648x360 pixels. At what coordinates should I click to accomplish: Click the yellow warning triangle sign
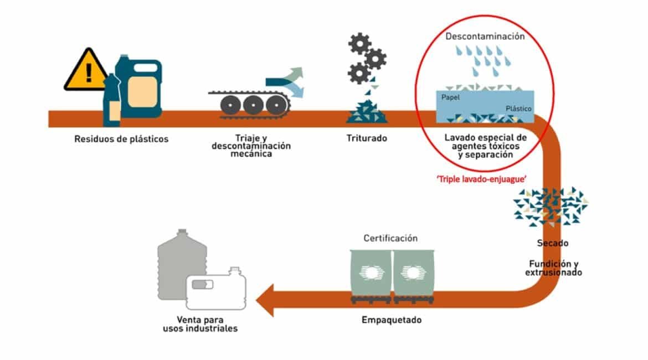tap(86, 71)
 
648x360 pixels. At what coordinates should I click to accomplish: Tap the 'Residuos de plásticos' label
tap(121, 139)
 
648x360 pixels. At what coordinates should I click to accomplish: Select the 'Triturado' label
tap(367, 138)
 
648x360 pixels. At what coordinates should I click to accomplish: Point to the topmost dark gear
tap(358, 43)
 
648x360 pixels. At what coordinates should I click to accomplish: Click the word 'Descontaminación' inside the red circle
tap(485, 37)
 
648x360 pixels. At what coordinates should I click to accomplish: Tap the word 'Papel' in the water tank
tap(450, 97)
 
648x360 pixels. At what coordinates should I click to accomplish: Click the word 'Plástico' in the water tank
tap(518, 109)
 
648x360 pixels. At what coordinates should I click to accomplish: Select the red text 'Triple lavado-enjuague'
tap(481, 179)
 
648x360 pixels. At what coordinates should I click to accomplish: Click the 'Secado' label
tap(553, 243)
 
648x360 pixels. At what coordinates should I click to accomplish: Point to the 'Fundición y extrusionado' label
tap(553, 268)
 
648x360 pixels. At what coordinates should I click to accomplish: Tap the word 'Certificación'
tap(390, 238)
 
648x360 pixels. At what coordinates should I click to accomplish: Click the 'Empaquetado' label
tap(392, 320)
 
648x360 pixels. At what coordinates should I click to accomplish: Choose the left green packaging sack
tap(371, 273)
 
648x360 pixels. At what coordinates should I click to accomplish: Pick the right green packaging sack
tap(414, 273)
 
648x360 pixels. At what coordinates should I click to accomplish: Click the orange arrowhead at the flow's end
tap(265, 301)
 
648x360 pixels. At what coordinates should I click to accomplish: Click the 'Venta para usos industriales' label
tap(200, 324)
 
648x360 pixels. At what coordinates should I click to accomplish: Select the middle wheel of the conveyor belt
tap(253, 105)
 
